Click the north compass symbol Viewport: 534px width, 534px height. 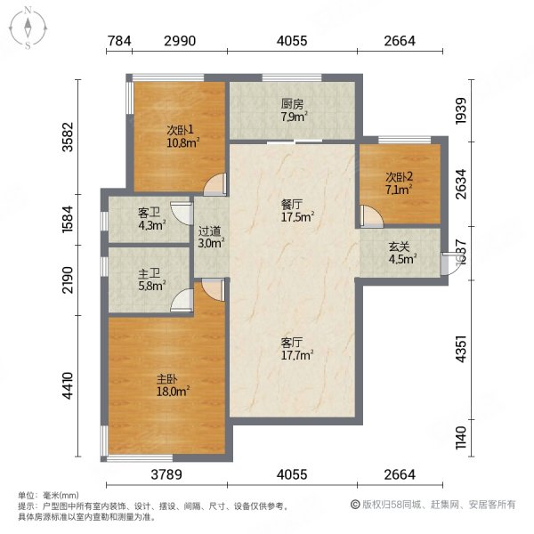coord(28,28)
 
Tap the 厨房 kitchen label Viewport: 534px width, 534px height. coord(293,109)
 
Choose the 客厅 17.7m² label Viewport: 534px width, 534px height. coord(293,346)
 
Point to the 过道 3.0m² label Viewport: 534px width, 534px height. coord(210,235)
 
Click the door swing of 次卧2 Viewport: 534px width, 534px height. coord(369,215)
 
